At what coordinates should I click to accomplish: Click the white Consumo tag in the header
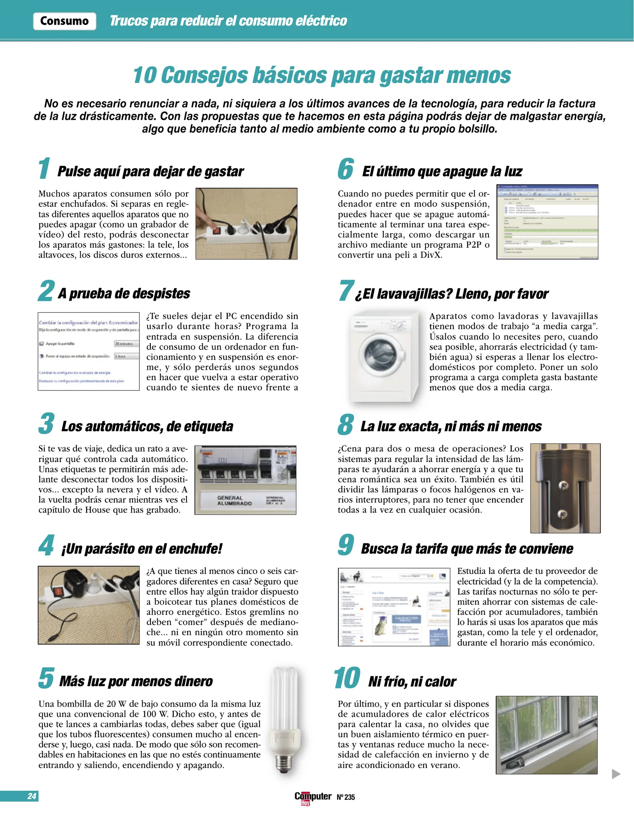coord(64,21)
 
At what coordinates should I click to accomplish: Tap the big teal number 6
coord(346,169)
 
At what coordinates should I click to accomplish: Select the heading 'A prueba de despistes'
coord(124,293)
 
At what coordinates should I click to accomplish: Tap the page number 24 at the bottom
coord(32,796)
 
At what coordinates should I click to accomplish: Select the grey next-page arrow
coord(616,774)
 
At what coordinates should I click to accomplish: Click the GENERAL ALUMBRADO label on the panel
coord(234,500)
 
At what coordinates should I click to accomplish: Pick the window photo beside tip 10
coord(546,735)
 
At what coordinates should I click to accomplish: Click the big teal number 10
coord(347,678)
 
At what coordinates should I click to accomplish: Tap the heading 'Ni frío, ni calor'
coord(412,682)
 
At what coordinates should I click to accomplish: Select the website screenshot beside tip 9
coord(394,607)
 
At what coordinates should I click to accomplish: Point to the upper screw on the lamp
coord(563,485)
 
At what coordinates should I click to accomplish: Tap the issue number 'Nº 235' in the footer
coord(346,797)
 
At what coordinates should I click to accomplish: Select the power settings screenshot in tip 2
coord(89,351)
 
